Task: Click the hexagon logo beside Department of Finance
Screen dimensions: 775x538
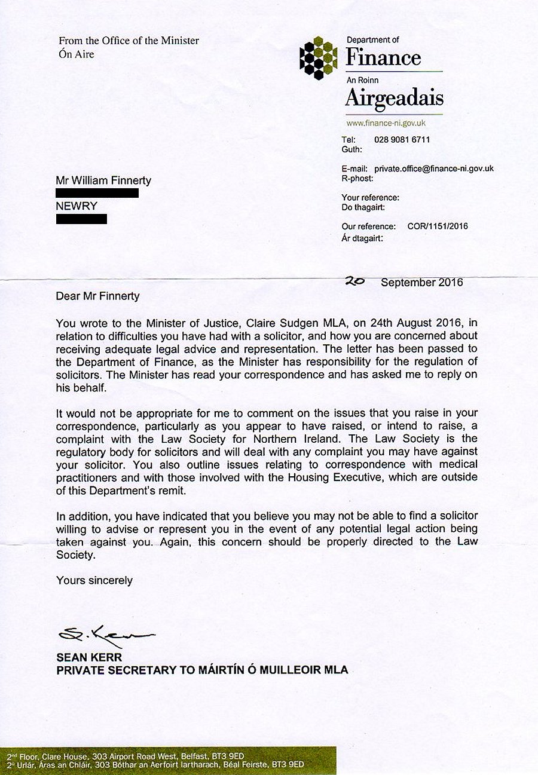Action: tap(319, 58)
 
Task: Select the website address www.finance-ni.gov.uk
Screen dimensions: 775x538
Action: tap(386, 123)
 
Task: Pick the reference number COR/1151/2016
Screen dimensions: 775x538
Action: tap(438, 226)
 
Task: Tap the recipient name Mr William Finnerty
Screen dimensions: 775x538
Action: tap(103, 180)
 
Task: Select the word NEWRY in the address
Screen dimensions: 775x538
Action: tap(77, 206)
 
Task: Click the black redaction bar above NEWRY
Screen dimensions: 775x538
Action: tap(97, 193)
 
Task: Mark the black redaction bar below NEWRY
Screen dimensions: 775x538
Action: tap(81, 219)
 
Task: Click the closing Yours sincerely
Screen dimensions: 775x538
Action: tap(94, 580)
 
